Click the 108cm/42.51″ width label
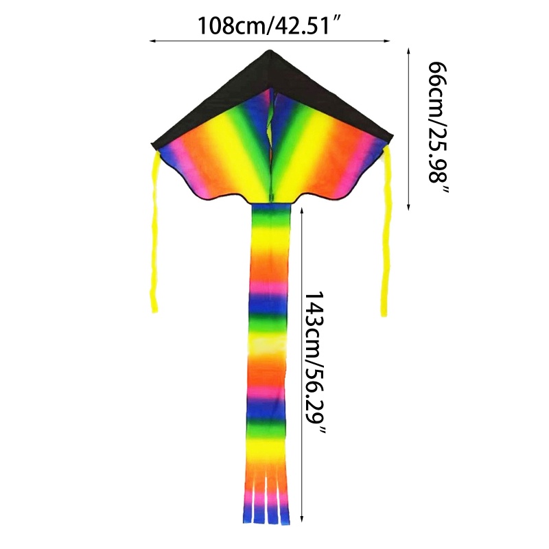tap(270, 25)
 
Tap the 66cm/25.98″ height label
tap(438, 128)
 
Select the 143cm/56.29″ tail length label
tap(315, 362)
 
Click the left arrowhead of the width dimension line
tap(152, 41)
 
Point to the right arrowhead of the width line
tap(387, 41)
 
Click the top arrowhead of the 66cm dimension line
tap(408, 51)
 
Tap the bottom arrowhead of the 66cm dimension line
tap(408, 207)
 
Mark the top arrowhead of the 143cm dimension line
tap(302, 210)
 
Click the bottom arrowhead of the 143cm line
tap(302, 519)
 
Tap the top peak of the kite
tap(270, 50)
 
